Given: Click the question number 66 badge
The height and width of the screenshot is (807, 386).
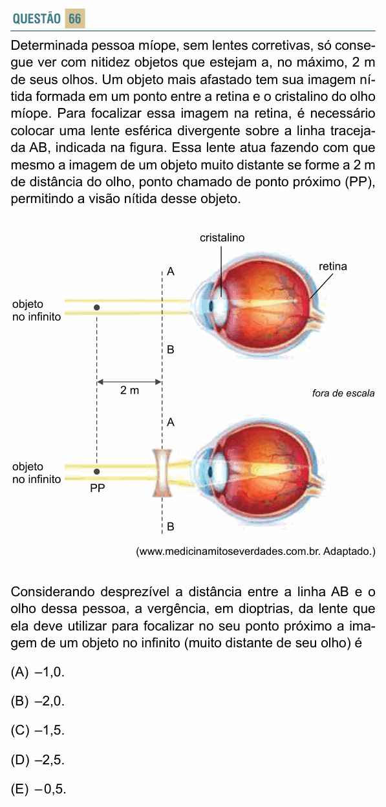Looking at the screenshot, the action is (x=75, y=18).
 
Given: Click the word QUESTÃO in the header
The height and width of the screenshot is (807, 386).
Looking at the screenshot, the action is (x=37, y=19).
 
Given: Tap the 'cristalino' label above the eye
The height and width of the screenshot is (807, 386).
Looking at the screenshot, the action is (x=222, y=237).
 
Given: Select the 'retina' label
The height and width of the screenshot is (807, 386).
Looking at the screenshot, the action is (x=333, y=266).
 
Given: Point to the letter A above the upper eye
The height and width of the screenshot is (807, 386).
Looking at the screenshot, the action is (x=171, y=272).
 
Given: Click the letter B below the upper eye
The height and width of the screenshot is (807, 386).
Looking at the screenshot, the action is (x=171, y=349).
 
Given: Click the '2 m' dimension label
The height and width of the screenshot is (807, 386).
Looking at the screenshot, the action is (x=129, y=390).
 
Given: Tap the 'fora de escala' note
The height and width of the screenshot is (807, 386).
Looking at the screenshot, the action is (x=343, y=393).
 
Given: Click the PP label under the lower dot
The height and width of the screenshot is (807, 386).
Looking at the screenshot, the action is (x=97, y=488).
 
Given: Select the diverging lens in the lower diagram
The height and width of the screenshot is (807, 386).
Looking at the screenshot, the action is (x=162, y=473).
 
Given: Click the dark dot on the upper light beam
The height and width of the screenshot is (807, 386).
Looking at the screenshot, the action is (x=96, y=307).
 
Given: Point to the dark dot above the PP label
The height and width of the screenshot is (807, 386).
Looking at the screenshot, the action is (x=96, y=471).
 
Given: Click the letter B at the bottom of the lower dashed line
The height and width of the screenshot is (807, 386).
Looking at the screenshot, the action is (x=171, y=527).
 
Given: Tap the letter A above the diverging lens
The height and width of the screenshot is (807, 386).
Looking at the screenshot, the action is (x=171, y=422).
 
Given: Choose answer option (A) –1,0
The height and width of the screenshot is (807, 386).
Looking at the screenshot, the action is (x=38, y=672).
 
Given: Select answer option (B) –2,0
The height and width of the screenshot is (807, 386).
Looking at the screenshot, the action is (x=38, y=702).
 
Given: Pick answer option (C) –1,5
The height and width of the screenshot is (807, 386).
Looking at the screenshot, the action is (x=38, y=730).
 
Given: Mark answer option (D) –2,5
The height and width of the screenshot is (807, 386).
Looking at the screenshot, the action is (x=38, y=760).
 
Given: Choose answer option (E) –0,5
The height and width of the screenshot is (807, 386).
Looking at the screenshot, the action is (x=39, y=789).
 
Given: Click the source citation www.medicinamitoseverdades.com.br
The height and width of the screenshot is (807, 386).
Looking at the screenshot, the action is (x=255, y=552).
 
